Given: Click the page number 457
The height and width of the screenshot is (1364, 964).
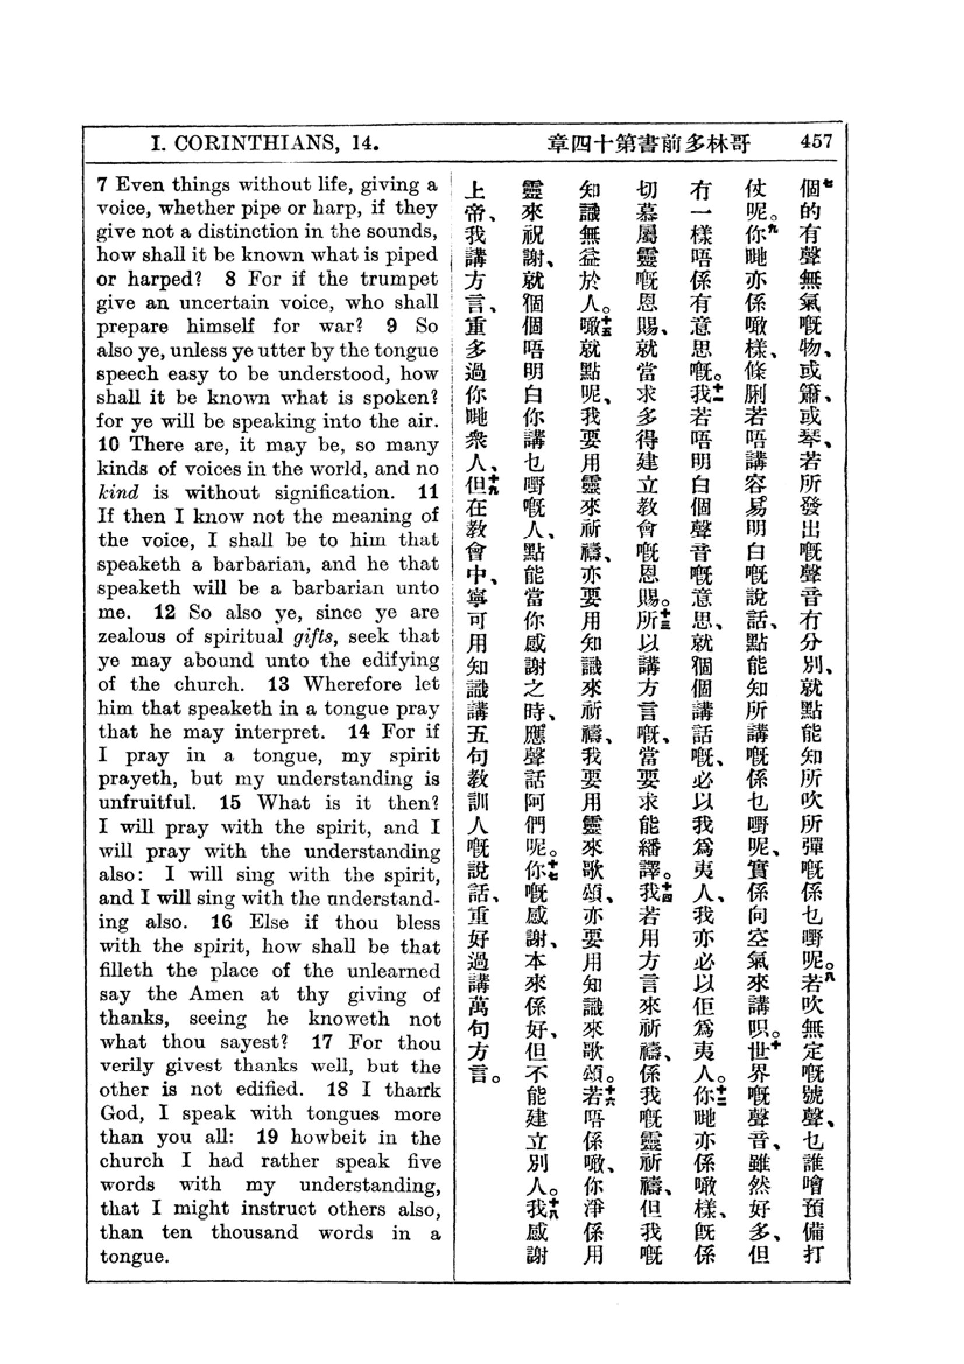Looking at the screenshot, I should click(x=816, y=142).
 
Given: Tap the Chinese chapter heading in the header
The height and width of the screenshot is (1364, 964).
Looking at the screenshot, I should click(x=648, y=144).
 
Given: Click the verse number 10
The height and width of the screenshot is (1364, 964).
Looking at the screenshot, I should click(x=110, y=444).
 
